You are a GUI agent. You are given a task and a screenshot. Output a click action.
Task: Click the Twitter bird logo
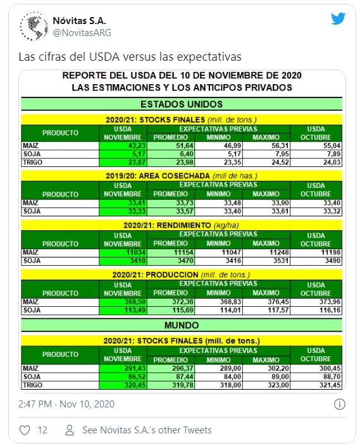[338, 19]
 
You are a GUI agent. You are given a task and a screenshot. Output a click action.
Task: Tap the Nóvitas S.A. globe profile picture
[34, 26]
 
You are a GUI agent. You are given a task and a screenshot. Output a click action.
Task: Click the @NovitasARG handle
[82, 33]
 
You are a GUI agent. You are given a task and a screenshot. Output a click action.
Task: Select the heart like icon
[25, 430]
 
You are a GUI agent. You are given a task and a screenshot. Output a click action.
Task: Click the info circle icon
[340, 404]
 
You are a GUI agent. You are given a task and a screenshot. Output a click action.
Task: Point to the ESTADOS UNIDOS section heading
[182, 104]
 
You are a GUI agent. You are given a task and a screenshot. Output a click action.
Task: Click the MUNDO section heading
[182, 325]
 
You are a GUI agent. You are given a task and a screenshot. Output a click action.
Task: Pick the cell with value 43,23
[123, 146]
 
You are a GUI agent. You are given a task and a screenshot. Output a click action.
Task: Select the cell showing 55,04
[316, 146]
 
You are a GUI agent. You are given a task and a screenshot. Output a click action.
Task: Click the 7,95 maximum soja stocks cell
[266, 154]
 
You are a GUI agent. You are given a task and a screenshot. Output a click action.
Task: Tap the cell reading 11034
[123, 252]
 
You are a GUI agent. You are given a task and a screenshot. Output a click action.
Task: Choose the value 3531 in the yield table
[266, 261]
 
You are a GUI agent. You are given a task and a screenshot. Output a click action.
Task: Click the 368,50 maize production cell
[123, 302]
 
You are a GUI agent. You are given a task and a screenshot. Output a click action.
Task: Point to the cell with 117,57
[266, 310]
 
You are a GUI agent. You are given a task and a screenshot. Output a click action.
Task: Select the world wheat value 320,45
[123, 385]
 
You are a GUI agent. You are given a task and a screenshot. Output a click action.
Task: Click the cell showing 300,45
[316, 368]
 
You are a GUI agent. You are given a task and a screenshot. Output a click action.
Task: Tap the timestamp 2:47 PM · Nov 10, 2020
[66, 404]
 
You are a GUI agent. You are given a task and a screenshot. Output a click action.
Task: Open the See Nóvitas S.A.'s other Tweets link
[147, 430]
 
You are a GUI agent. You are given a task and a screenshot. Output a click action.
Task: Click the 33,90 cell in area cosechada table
[266, 203]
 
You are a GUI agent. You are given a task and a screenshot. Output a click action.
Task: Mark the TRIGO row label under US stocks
[33, 162]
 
